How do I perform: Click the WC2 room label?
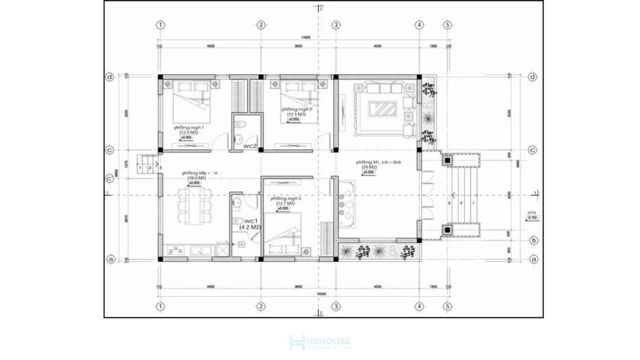click(x=250, y=146)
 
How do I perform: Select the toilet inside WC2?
click(x=241, y=125)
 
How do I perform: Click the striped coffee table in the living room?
click(x=384, y=109)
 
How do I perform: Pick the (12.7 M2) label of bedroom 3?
click(x=285, y=203)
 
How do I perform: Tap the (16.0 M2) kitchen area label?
click(x=197, y=178)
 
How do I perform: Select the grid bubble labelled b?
click(x=532, y=240)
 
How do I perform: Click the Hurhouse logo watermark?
click(x=320, y=343)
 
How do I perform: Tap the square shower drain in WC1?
click(x=241, y=244)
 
